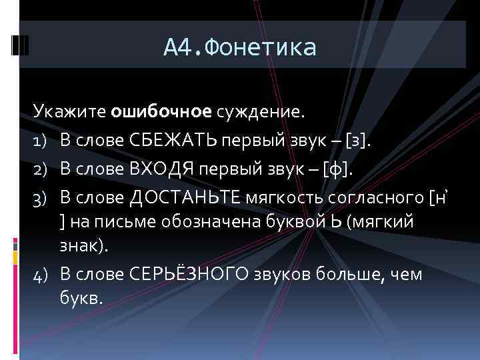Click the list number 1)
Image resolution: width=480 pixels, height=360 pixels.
40,141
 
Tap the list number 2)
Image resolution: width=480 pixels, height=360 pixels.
40,169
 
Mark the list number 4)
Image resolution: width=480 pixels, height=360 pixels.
40,275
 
